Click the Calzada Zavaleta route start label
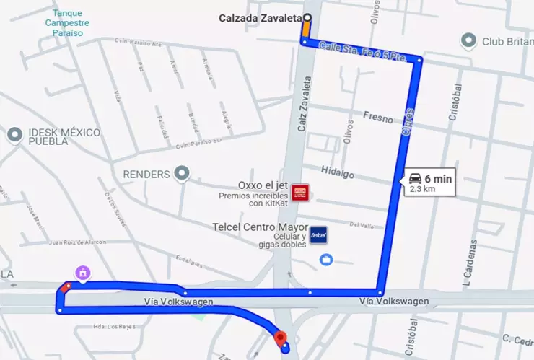(x=261, y=19)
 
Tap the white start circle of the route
(x=307, y=18)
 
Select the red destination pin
(x=281, y=337)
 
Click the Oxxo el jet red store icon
(x=302, y=192)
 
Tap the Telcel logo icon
(x=318, y=235)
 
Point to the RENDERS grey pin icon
(x=182, y=173)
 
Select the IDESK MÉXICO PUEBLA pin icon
(x=14, y=134)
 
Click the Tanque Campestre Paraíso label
(x=68, y=23)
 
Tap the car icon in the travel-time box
(x=415, y=178)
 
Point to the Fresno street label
(x=377, y=116)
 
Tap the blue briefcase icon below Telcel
(x=326, y=259)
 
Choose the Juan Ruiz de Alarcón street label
(x=77, y=242)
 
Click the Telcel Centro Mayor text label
(x=260, y=227)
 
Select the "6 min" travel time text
(x=438, y=178)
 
